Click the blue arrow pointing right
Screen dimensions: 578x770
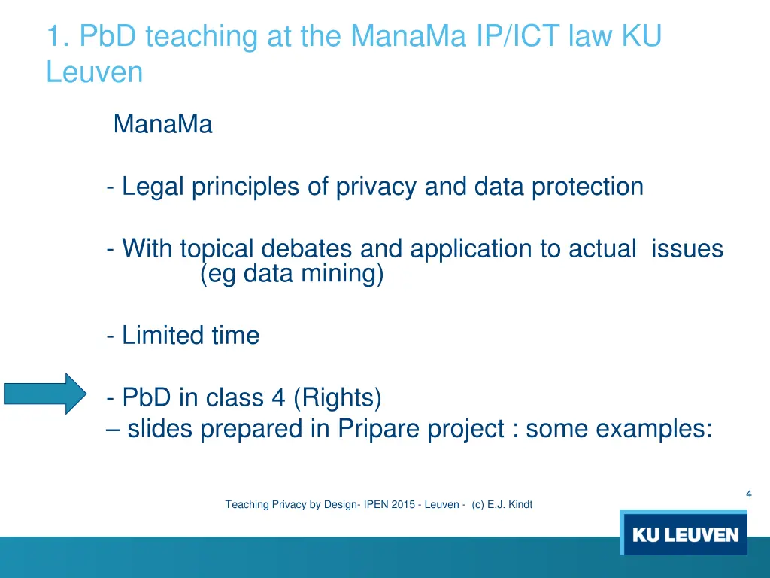45,393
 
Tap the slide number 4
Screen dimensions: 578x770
748,494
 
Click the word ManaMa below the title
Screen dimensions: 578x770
162,124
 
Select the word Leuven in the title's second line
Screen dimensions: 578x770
94,72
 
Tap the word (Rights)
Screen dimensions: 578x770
338,397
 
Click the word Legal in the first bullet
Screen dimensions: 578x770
153,186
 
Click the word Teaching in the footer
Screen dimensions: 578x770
247,505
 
